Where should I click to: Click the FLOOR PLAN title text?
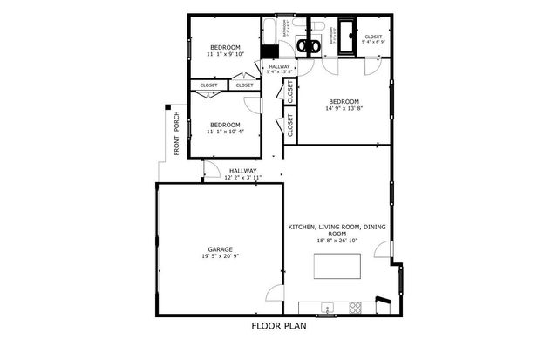coord(279,327)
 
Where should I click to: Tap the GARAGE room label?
coord(220,249)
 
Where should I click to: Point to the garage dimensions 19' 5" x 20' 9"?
coord(220,257)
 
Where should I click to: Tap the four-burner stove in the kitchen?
coord(355,307)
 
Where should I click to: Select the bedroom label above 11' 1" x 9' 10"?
coord(224,47)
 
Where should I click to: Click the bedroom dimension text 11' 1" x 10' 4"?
coord(224,132)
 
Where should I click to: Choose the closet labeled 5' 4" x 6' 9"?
coord(372,40)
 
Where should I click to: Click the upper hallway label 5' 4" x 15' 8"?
coord(279,71)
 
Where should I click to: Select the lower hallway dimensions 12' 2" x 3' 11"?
coord(242,178)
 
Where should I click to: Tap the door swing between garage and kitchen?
coord(276,294)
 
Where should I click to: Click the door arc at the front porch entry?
coord(209,170)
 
